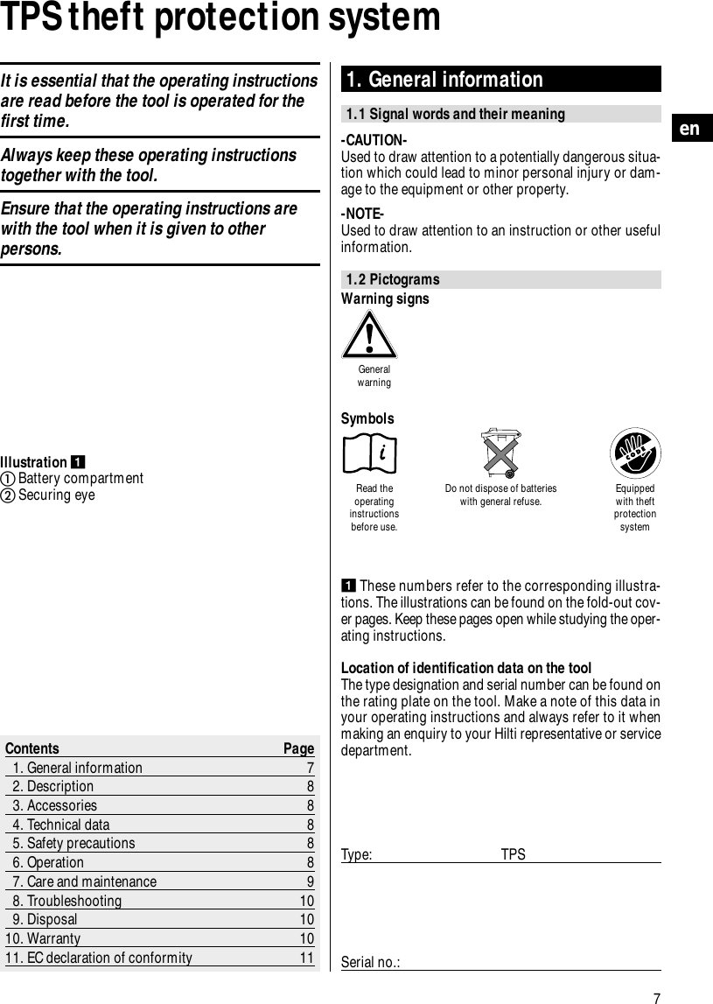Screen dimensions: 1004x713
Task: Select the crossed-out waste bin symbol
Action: [x=500, y=453]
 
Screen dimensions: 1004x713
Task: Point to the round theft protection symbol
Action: [x=634, y=453]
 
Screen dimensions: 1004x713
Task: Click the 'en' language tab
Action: [x=690, y=129]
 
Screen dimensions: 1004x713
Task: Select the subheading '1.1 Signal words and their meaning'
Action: [x=456, y=115]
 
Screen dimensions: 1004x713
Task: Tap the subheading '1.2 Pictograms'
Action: [x=393, y=280]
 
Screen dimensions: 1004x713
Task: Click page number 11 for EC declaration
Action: [x=306, y=958]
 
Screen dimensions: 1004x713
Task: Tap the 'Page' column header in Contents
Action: [x=298, y=748]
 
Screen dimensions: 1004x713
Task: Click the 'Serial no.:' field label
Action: [x=371, y=963]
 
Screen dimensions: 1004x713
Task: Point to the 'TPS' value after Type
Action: [x=514, y=854]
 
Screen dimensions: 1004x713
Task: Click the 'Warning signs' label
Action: [x=385, y=299]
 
